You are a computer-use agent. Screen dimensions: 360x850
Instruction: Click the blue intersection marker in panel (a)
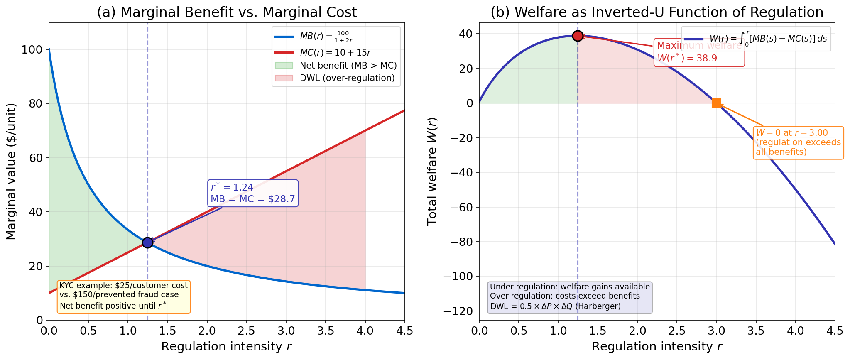click(x=147, y=242)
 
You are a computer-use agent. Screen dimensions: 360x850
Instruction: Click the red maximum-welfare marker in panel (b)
click(x=578, y=36)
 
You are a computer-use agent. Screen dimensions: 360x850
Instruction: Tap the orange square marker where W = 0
click(x=716, y=103)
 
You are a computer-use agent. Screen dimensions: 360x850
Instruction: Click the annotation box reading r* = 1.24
click(x=252, y=193)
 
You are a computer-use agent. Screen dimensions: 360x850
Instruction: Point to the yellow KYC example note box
click(x=124, y=296)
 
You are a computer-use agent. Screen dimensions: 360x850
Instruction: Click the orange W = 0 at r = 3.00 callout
click(x=798, y=142)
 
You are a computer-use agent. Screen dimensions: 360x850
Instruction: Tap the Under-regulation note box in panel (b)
click(x=570, y=296)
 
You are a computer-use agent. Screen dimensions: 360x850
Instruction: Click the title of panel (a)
click(x=227, y=12)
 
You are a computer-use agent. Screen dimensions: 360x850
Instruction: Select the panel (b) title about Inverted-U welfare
click(x=657, y=12)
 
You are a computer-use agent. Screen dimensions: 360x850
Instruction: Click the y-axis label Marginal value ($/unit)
click(x=11, y=171)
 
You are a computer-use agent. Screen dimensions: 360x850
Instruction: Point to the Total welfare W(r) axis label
click(x=432, y=171)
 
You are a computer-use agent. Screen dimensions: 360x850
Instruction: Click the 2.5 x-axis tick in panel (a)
click(x=246, y=331)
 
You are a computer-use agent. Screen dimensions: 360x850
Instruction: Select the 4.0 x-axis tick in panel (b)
click(x=795, y=331)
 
